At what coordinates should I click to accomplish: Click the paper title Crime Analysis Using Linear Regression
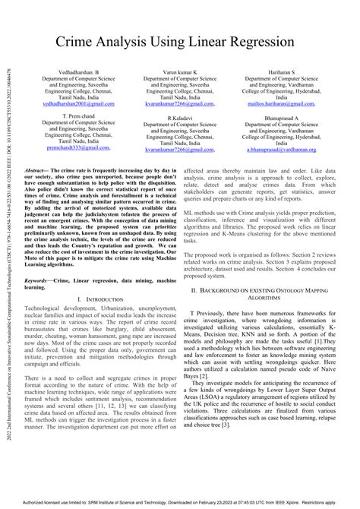coord(180,42)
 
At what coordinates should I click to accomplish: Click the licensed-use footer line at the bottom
coord(180,502)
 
